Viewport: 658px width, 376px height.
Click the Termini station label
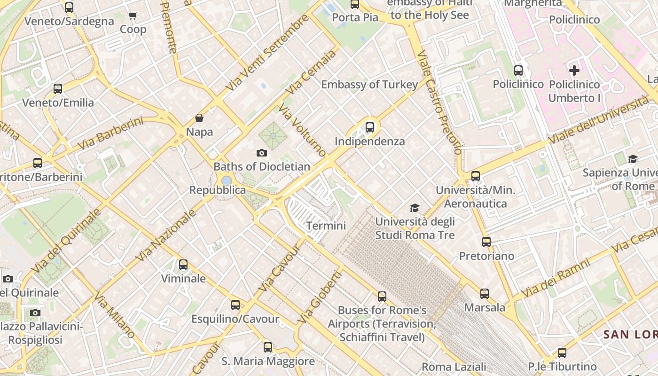point(326,226)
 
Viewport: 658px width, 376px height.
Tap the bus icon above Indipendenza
point(370,127)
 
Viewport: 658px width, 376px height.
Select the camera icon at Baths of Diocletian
point(262,153)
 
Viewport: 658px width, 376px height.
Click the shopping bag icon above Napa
point(199,117)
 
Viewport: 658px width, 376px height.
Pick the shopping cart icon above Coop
point(133,16)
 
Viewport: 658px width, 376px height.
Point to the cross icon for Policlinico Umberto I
point(574,70)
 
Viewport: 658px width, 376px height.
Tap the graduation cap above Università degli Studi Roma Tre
point(415,208)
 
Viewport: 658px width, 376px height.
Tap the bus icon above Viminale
point(183,265)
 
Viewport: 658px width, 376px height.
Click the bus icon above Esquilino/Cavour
point(235,305)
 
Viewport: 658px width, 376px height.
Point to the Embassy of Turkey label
point(369,85)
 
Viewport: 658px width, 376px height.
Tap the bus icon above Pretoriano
point(486,242)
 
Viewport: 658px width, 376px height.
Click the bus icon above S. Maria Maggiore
point(268,347)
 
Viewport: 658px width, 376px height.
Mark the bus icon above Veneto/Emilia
point(58,88)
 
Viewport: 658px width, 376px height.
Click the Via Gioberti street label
point(320,297)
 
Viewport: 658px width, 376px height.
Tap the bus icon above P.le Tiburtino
point(562,352)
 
